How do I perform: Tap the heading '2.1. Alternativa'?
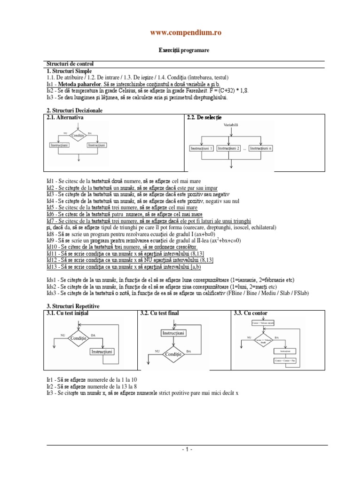[65, 117]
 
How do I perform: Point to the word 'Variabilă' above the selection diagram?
[231, 125]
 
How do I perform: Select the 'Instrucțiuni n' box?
[261, 148]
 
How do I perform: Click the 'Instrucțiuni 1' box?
[202, 148]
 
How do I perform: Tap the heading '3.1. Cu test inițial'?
[68, 313]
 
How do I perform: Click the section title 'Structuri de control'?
[70, 64]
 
